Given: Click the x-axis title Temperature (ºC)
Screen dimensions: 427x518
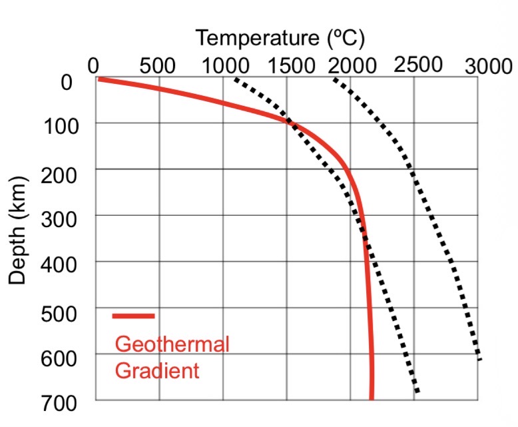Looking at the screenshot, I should (x=280, y=38).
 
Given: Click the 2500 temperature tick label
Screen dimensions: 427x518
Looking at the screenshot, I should (x=417, y=65).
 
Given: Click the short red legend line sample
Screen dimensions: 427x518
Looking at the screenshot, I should (x=134, y=316).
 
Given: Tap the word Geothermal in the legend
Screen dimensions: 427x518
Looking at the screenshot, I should (x=172, y=344).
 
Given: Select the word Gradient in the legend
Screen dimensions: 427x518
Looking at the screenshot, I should (x=157, y=370).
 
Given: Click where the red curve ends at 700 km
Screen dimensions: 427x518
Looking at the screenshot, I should (x=372, y=398).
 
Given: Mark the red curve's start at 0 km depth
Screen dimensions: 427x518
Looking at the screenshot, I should (x=99, y=79).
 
